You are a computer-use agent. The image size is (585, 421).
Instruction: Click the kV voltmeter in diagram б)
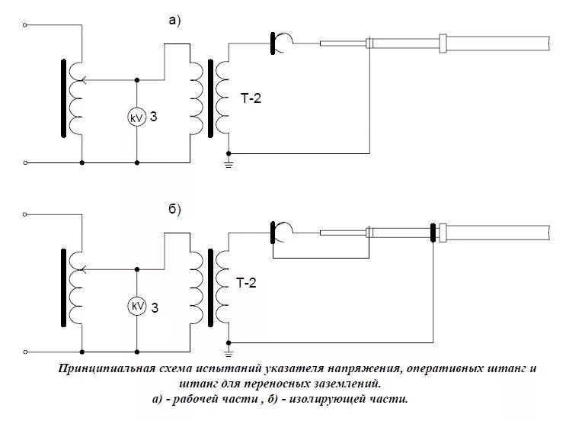pos(137,306)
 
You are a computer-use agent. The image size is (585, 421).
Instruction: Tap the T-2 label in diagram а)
pos(249,97)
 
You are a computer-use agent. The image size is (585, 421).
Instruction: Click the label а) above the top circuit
pos(174,21)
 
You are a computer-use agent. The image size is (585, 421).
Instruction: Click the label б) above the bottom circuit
pos(174,210)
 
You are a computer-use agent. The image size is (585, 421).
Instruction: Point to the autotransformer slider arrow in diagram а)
pos(85,79)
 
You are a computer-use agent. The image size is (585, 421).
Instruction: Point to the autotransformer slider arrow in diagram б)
pos(85,268)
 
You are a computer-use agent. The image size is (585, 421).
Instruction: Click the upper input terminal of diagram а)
pos(27,25)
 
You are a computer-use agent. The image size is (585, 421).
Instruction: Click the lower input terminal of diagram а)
pos(27,162)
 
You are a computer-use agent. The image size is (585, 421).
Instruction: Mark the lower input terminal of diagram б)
pos(27,352)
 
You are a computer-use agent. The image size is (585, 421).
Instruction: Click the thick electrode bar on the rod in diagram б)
pos(433,232)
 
